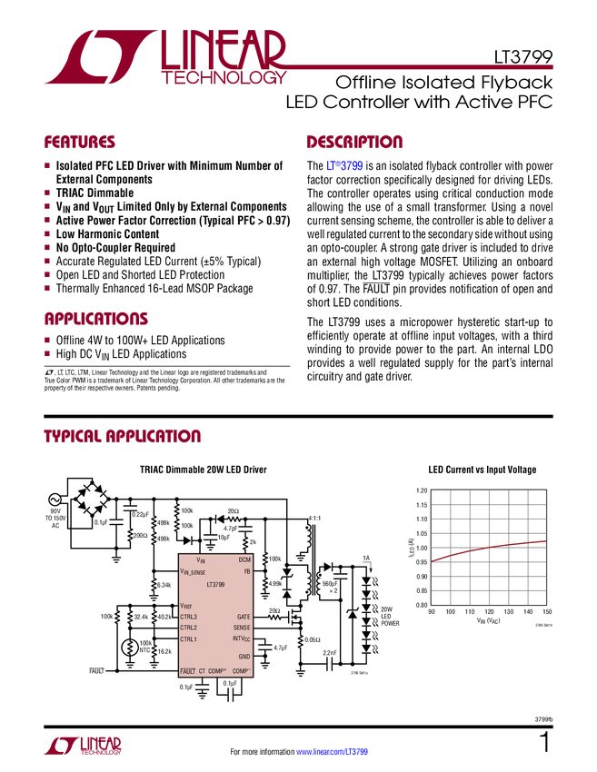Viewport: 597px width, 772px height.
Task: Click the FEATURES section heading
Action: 79,143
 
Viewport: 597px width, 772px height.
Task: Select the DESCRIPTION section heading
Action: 354,143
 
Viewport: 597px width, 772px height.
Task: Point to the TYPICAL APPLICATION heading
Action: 122,436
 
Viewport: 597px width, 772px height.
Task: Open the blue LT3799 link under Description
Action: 344,166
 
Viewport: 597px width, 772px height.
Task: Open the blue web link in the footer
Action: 333,751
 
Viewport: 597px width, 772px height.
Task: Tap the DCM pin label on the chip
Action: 244,560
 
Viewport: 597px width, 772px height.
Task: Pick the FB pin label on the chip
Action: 246,571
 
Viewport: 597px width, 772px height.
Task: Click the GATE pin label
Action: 243,617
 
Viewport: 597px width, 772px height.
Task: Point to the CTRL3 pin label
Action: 188,617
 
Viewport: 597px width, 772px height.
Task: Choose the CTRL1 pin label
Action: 188,639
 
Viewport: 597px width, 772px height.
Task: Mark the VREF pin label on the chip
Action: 185,606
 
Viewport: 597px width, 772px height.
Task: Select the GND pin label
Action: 244,656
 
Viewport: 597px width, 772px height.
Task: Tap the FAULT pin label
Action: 187,671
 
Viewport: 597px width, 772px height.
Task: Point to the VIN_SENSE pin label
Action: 193,572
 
